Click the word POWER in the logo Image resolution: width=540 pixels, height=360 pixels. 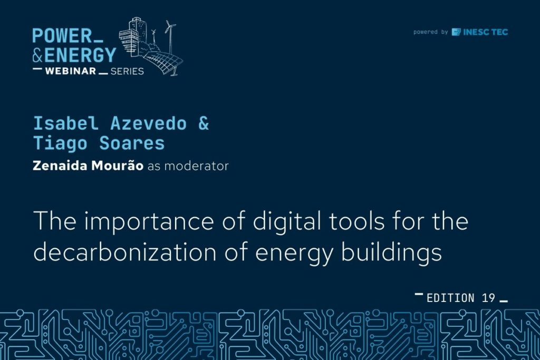pyautogui.click(x=62, y=36)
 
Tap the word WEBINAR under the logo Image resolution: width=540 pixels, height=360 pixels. pyautogui.click(x=71, y=71)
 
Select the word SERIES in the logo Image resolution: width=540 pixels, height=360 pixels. pyautogui.click(x=127, y=71)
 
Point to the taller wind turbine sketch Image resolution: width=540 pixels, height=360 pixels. pyautogui.click(x=170, y=37)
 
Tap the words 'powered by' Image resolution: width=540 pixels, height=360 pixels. pyautogui.click(x=430, y=32)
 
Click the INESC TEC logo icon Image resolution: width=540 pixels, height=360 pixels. pyautogui.click(x=456, y=32)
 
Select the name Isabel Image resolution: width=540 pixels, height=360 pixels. pyautogui.click(x=66, y=123)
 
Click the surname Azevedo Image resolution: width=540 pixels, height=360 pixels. pyautogui.click(x=148, y=123)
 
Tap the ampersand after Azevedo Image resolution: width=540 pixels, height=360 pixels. pyautogui.click(x=204, y=123)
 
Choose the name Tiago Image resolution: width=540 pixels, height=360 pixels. pyautogui.click(x=60, y=143)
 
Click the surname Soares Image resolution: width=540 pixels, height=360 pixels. pyautogui.click(x=132, y=143)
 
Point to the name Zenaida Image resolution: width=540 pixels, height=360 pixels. pyautogui.click(x=60, y=166)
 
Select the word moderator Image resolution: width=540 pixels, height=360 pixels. pyautogui.click(x=196, y=166)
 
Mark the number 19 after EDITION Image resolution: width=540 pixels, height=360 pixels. pyautogui.click(x=488, y=298)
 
